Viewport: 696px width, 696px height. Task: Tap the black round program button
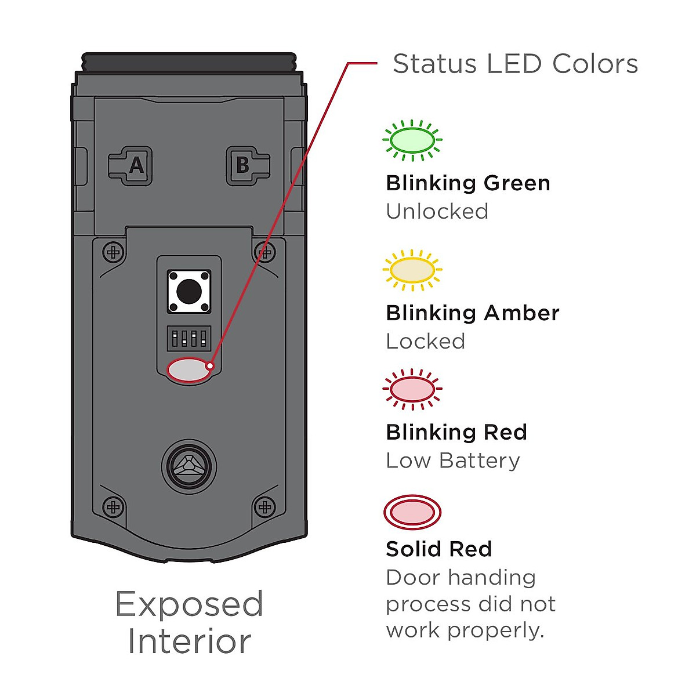pyautogui.click(x=188, y=291)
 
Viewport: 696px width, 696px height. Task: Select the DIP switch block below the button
pyautogui.click(x=188, y=338)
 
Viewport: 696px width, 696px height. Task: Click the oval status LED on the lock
pyautogui.click(x=188, y=370)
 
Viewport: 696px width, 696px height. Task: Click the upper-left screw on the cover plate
pyautogui.click(x=114, y=252)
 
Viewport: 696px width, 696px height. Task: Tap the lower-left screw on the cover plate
pyautogui.click(x=114, y=507)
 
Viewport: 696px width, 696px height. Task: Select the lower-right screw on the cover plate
pyautogui.click(x=264, y=507)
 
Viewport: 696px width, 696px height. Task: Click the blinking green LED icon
pyautogui.click(x=412, y=140)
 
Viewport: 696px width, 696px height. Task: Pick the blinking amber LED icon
pyautogui.click(x=412, y=270)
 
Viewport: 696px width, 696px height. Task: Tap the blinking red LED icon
pyautogui.click(x=412, y=389)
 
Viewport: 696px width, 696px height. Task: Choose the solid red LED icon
pyautogui.click(x=412, y=512)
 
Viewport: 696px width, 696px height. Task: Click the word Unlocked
pyautogui.click(x=437, y=211)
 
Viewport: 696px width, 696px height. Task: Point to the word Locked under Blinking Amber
pyautogui.click(x=425, y=341)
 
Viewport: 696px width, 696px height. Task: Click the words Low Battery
pyautogui.click(x=452, y=461)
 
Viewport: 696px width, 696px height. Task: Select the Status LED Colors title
pyautogui.click(x=515, y=64)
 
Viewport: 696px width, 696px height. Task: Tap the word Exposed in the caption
pyautogui.click(x=189, y=604)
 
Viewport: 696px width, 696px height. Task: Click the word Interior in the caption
pyautogui.click(x=189, y=641)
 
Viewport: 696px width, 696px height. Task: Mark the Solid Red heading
pyautogui.click(x=438, y=549)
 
